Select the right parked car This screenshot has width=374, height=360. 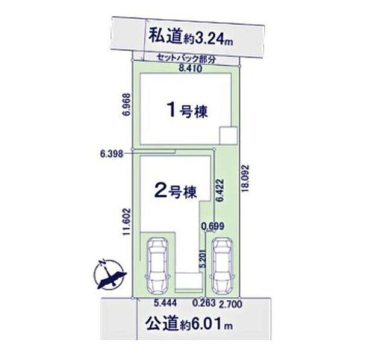point(221,265)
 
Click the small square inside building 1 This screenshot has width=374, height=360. point(228,135)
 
